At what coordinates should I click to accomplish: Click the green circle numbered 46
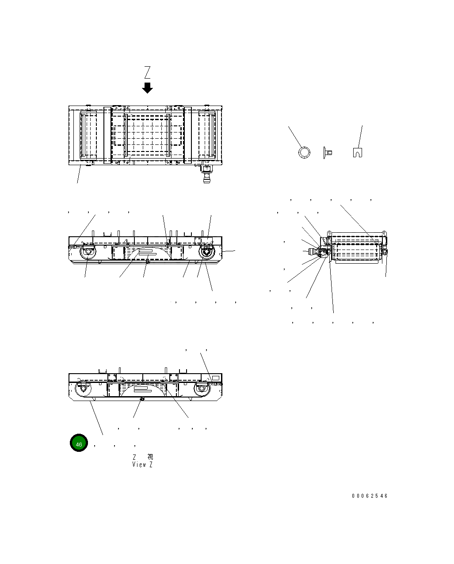click(x=79, y=444)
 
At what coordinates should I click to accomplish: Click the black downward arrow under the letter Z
click(x=147, y=87)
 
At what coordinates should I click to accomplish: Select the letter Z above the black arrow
click(x=147, y=72)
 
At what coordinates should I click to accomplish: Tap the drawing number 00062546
click(x=370, y=496)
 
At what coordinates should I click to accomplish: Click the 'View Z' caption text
click(x=142, y=465)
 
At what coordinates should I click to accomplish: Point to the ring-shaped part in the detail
click(x=304, y=152)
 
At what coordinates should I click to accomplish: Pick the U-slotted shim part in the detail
click(x=358, y=152)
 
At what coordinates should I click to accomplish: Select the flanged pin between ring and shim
click(x=328, y=153)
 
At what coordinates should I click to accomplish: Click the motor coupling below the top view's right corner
click(x=206, y=174)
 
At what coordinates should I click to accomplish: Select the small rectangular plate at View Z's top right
click(x=215, y=378)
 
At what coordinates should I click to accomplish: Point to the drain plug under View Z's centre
click(x=142, y=399)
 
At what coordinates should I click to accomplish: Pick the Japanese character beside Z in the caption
click(x=150, y=457)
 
